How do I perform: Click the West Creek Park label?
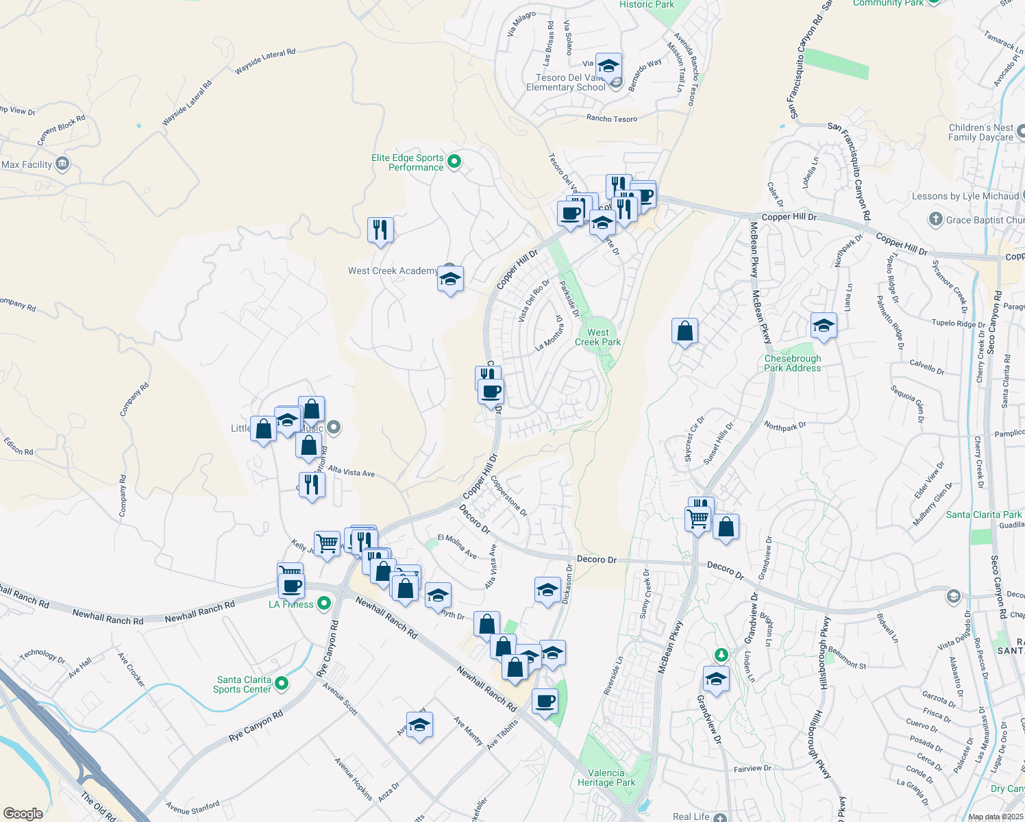(x=597, y=337)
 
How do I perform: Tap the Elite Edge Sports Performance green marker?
(x=454, y=162)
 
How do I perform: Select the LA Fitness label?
(x=291, y=604)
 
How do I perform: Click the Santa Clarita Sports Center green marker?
(x=281, y=684)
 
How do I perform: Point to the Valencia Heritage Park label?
(x=606, y=777)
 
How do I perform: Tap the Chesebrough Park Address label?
(x=792, y=363)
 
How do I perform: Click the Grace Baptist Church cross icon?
(x=936, y=220)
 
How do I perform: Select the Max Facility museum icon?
(x=62, y=164)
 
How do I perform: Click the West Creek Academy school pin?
(x=450, y=279)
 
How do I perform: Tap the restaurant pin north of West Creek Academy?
(x=380, y=229)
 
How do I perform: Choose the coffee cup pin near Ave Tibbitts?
(x=545, y=701)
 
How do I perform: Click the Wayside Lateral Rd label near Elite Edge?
(x=265, y=62)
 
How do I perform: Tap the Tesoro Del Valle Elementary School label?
(x=566, y=83)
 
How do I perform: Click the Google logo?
(x=23, y=814)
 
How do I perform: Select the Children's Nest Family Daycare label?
(x=980, y=133)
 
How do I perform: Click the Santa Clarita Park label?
(x=983, y=514)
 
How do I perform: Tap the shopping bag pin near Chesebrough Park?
(x=684, y=332)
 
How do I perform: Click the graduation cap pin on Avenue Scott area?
(x=419, y=725)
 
